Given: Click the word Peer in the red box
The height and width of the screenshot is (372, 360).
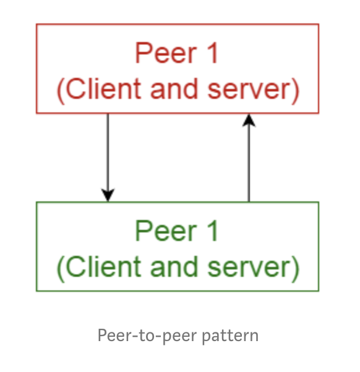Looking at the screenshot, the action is click(166, 53).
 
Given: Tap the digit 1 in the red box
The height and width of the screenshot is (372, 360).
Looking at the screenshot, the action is click(213, 53).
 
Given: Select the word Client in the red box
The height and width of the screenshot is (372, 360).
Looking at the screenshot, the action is click(103, 88).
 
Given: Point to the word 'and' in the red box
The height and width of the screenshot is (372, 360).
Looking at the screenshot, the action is click(174, 88).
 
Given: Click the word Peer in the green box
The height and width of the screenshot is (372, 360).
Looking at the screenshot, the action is click(166, 230).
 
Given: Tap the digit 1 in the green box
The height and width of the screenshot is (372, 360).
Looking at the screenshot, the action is click(213, 230).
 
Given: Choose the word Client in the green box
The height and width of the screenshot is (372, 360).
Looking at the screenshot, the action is click(103, 266).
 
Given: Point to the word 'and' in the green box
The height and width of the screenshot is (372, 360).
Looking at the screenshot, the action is click(174, 266).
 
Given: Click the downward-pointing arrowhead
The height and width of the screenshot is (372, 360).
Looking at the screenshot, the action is click(108, 195).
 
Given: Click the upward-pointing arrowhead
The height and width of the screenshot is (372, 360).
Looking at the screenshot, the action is click(249, 120).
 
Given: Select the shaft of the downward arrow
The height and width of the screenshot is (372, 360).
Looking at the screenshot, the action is click(108, 151).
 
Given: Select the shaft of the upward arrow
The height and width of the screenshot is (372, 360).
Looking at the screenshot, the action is click(249, 164).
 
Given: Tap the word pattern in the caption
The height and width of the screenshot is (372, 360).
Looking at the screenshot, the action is click(230, 336).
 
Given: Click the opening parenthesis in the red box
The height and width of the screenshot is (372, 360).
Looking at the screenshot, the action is click(61, 91).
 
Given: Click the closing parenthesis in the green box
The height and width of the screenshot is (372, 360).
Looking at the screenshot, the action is click(295, 269).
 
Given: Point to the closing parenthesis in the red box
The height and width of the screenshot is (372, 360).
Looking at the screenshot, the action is click(295, 91).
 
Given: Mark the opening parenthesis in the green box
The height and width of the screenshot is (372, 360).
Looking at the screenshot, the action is click(61, 269).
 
